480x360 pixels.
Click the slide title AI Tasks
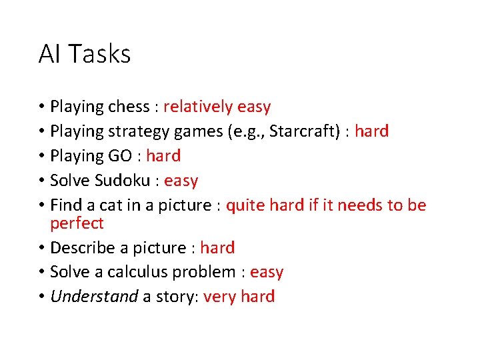coord(84,54)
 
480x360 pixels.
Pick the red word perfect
coord(77,223)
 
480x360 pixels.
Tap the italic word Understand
coord(94,297)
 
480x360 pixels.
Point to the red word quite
coord(246,205)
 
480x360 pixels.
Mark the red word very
coord(219,297)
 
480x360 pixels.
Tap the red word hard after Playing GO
coord(163,156)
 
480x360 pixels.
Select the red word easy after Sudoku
coord(181,181)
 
